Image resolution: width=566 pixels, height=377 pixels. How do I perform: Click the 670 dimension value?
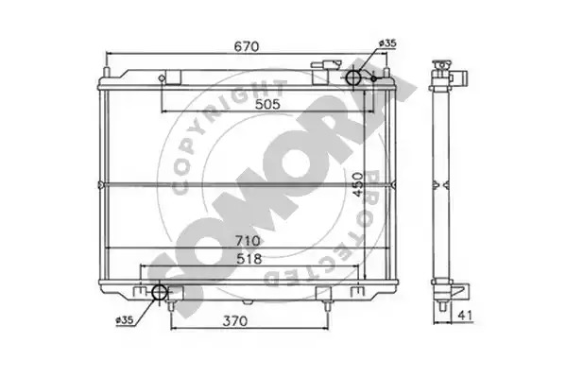pyautogui.click(x=247, y=46)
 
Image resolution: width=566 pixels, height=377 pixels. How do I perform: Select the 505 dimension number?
pyautogui.click(x=267, y=104)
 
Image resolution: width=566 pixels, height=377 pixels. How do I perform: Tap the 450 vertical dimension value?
pyautogui.click(x=358, y=184)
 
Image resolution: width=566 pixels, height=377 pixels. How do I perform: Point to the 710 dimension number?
pyautogui.click(x=248, y=241)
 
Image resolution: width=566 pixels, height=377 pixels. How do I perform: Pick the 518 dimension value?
pyautogui.click(x=249, y=259)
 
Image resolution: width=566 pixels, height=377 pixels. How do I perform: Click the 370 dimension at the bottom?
pyautogui.click(x=235, y=320)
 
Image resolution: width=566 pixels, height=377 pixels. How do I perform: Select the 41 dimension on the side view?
pyautogui.click(x=465, y=316)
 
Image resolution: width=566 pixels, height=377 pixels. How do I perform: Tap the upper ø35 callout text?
pyautogui.click(x=387, y=43)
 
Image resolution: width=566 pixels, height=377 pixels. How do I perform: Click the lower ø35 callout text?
pyautogui.click(x=125, y=320)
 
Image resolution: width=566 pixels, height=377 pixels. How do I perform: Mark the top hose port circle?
pyautogui.click(x=353, y=77)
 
